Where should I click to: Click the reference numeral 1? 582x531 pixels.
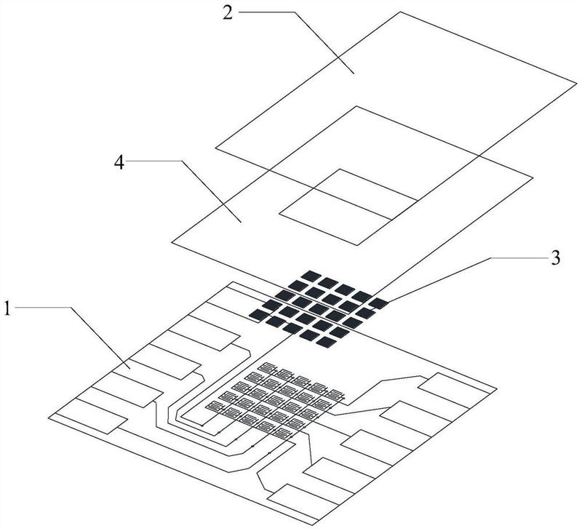tap(8, 308)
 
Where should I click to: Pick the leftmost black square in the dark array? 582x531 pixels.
tap(259, 313)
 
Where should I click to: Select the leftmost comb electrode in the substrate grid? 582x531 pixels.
tap(213, 405)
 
